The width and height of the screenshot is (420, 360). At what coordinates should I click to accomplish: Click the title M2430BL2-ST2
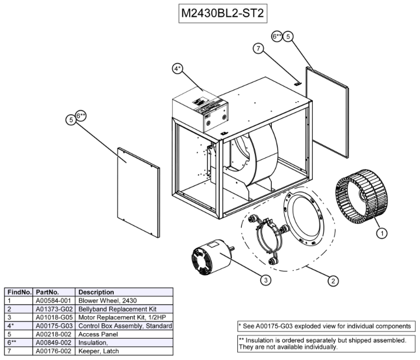tap(223, 13)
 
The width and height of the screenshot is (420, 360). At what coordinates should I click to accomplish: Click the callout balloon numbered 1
tap(382, 233)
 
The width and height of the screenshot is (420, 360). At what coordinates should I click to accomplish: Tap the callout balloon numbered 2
tap(331, 281)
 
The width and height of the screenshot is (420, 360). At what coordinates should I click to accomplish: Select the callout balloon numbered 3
tap(265, 280)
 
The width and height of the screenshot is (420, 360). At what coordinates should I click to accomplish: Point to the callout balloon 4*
tap(178, 69)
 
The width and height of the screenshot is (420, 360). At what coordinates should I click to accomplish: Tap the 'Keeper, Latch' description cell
tap(98, 350)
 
